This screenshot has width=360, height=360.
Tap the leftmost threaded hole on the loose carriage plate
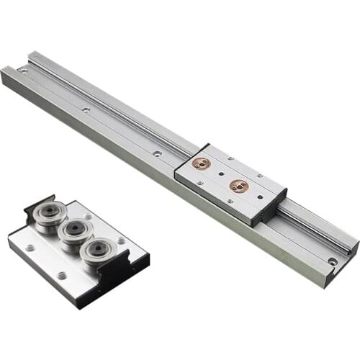tap(30, 247)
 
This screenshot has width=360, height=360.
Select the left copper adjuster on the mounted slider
tap(201, 163)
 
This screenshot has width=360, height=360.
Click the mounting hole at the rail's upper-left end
tap(24, 71)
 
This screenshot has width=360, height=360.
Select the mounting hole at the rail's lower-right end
tap(332, 261)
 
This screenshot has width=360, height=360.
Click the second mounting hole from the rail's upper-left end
tap(86, 109)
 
